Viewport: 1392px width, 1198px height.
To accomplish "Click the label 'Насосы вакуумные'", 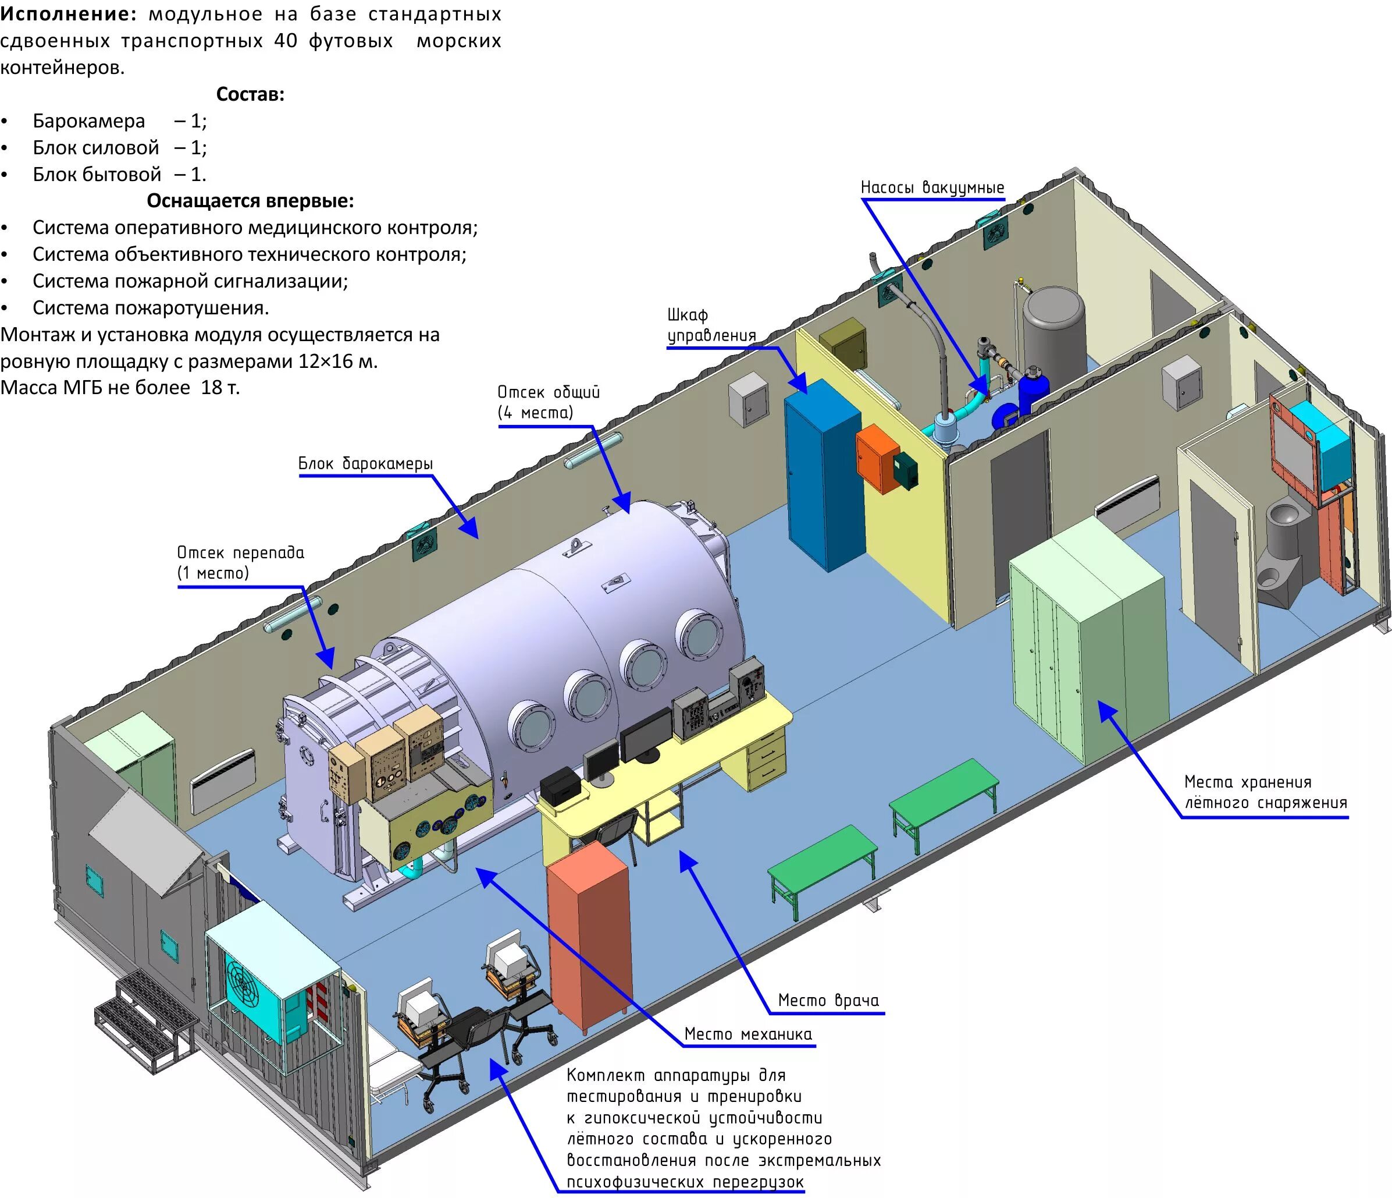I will [932, 187].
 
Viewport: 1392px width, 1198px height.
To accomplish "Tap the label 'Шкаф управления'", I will [711, 325].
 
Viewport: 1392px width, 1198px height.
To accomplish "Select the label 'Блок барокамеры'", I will [365, 463].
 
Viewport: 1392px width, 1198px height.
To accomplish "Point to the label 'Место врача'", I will [828, 1000].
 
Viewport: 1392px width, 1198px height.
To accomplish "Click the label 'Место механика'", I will [747, 1034].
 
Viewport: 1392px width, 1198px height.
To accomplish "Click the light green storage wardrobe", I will [1088, 646].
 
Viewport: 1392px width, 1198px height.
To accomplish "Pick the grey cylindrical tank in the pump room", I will [1053, 329].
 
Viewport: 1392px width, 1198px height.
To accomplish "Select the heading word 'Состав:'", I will [250, 94].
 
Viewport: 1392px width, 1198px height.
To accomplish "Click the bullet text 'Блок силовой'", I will [96, 148].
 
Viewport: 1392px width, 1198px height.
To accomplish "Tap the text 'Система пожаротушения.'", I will [151, 308].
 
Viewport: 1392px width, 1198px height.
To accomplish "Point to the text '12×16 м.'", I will [338, 361].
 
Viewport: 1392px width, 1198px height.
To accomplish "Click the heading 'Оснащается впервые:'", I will [250, 200].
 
